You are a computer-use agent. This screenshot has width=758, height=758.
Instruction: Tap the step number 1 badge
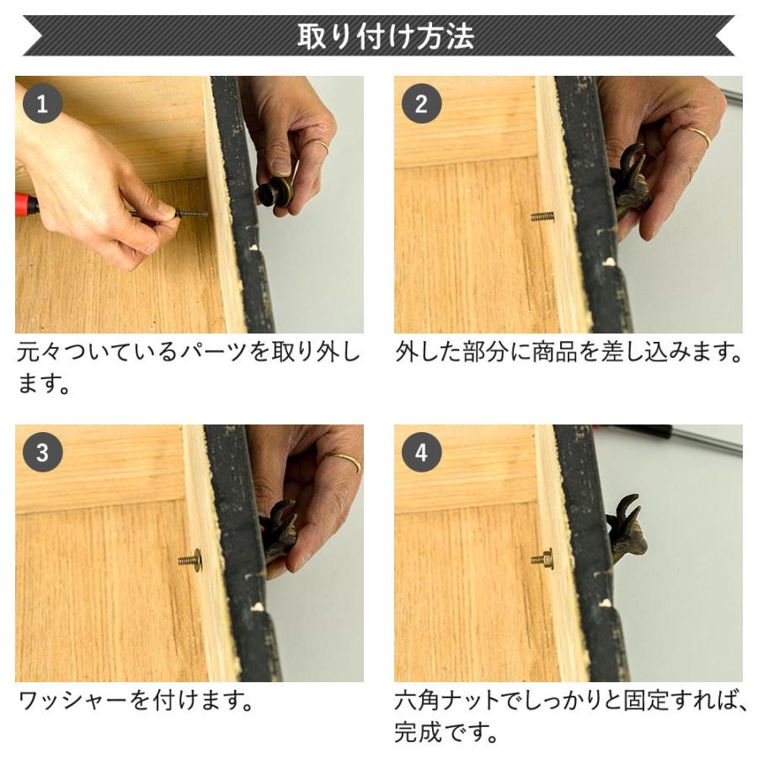tap(42, 104)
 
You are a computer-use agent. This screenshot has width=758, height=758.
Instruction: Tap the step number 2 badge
tap(421, 104)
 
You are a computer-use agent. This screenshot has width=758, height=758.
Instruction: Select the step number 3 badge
tap(42, 454)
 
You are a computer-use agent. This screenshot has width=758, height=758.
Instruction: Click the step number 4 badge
tap(421, 454)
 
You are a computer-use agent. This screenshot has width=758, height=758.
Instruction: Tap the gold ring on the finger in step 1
tap(318, 147)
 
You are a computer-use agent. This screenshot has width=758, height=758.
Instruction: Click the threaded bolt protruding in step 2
tap(542, 216)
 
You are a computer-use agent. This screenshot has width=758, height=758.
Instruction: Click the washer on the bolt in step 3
tap(195, 559)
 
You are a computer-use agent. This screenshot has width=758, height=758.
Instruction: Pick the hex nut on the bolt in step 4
tap(545, 558)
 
